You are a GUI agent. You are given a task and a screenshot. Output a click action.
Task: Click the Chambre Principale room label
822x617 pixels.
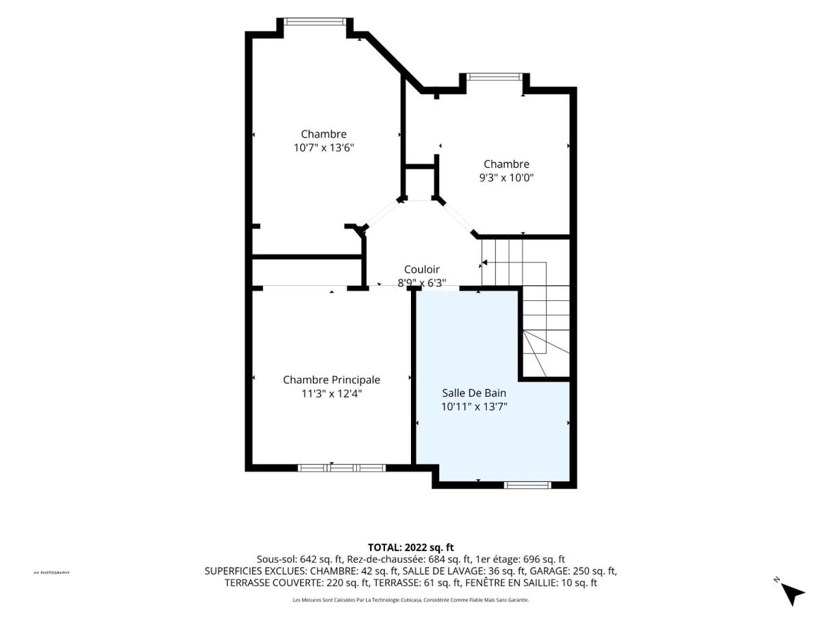point(332,380)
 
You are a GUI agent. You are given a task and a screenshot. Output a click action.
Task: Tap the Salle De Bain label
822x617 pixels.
point(474,393)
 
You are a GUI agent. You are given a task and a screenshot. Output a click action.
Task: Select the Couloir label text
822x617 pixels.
point(422,269)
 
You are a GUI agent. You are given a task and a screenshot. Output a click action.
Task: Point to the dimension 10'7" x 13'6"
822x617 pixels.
point(324,148)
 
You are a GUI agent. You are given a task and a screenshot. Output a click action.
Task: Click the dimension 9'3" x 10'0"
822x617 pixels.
point(506,178)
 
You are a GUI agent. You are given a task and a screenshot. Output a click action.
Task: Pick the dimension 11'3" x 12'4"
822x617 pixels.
point(332,394)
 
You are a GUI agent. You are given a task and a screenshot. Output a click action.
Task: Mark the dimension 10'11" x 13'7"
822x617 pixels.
point(474,407)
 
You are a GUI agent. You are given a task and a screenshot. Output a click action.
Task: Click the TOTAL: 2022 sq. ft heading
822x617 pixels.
point(411,548)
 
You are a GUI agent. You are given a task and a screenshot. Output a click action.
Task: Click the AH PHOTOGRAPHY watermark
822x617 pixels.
point(51,573)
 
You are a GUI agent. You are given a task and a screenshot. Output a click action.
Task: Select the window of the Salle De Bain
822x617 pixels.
point(527,485)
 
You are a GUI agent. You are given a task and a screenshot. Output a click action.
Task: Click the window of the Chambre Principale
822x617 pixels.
point(342,468)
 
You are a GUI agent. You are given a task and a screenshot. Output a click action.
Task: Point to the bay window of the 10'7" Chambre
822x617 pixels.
point(314,21)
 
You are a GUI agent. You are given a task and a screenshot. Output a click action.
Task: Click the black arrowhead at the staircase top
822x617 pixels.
point(484,263)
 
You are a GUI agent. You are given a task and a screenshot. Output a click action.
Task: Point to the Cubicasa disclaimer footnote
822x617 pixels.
point(411,600)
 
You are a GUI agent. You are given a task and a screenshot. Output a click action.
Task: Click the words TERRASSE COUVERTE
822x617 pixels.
point(273,583)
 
